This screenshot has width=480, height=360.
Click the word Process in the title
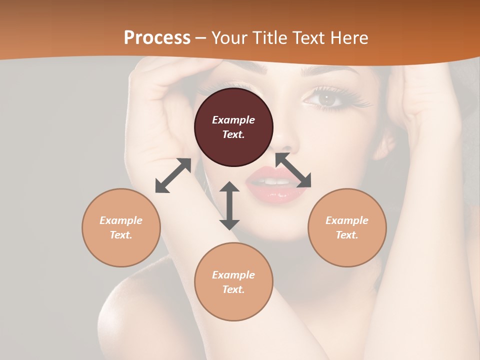tap(157, 37)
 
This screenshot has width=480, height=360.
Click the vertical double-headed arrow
tap(229, 205)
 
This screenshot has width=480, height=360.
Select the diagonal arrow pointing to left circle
tap(173, 175)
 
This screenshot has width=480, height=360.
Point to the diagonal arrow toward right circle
tap(293, 170)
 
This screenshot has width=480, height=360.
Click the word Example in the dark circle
tap(233, 120)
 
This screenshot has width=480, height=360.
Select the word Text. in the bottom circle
tap(233, 289)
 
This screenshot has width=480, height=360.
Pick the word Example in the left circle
tap(121, 220)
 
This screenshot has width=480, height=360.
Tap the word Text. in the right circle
tap(347, 235)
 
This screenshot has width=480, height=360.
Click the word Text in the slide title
tap(307, 37)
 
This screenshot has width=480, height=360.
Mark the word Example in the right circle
tap(347, 220)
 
